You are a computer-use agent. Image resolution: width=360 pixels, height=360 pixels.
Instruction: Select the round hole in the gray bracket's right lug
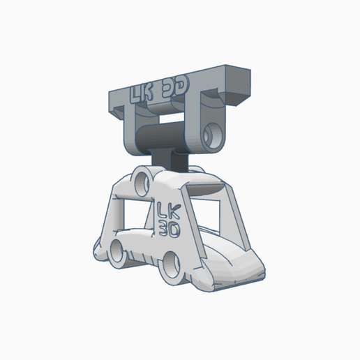pyautogui.click(x=213, y=135)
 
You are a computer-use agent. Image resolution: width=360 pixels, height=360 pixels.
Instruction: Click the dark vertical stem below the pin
pyautogui.click(x=170, y=160)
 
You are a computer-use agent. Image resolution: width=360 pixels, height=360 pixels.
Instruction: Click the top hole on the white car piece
pyautogui.click(x=142, y=182)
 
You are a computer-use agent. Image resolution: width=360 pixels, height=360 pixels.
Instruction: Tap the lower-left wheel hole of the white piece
pyautogui.click(x=117, y=252)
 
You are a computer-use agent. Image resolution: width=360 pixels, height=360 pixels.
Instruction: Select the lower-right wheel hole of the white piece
pyautogui.click(x=172, y=264)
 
